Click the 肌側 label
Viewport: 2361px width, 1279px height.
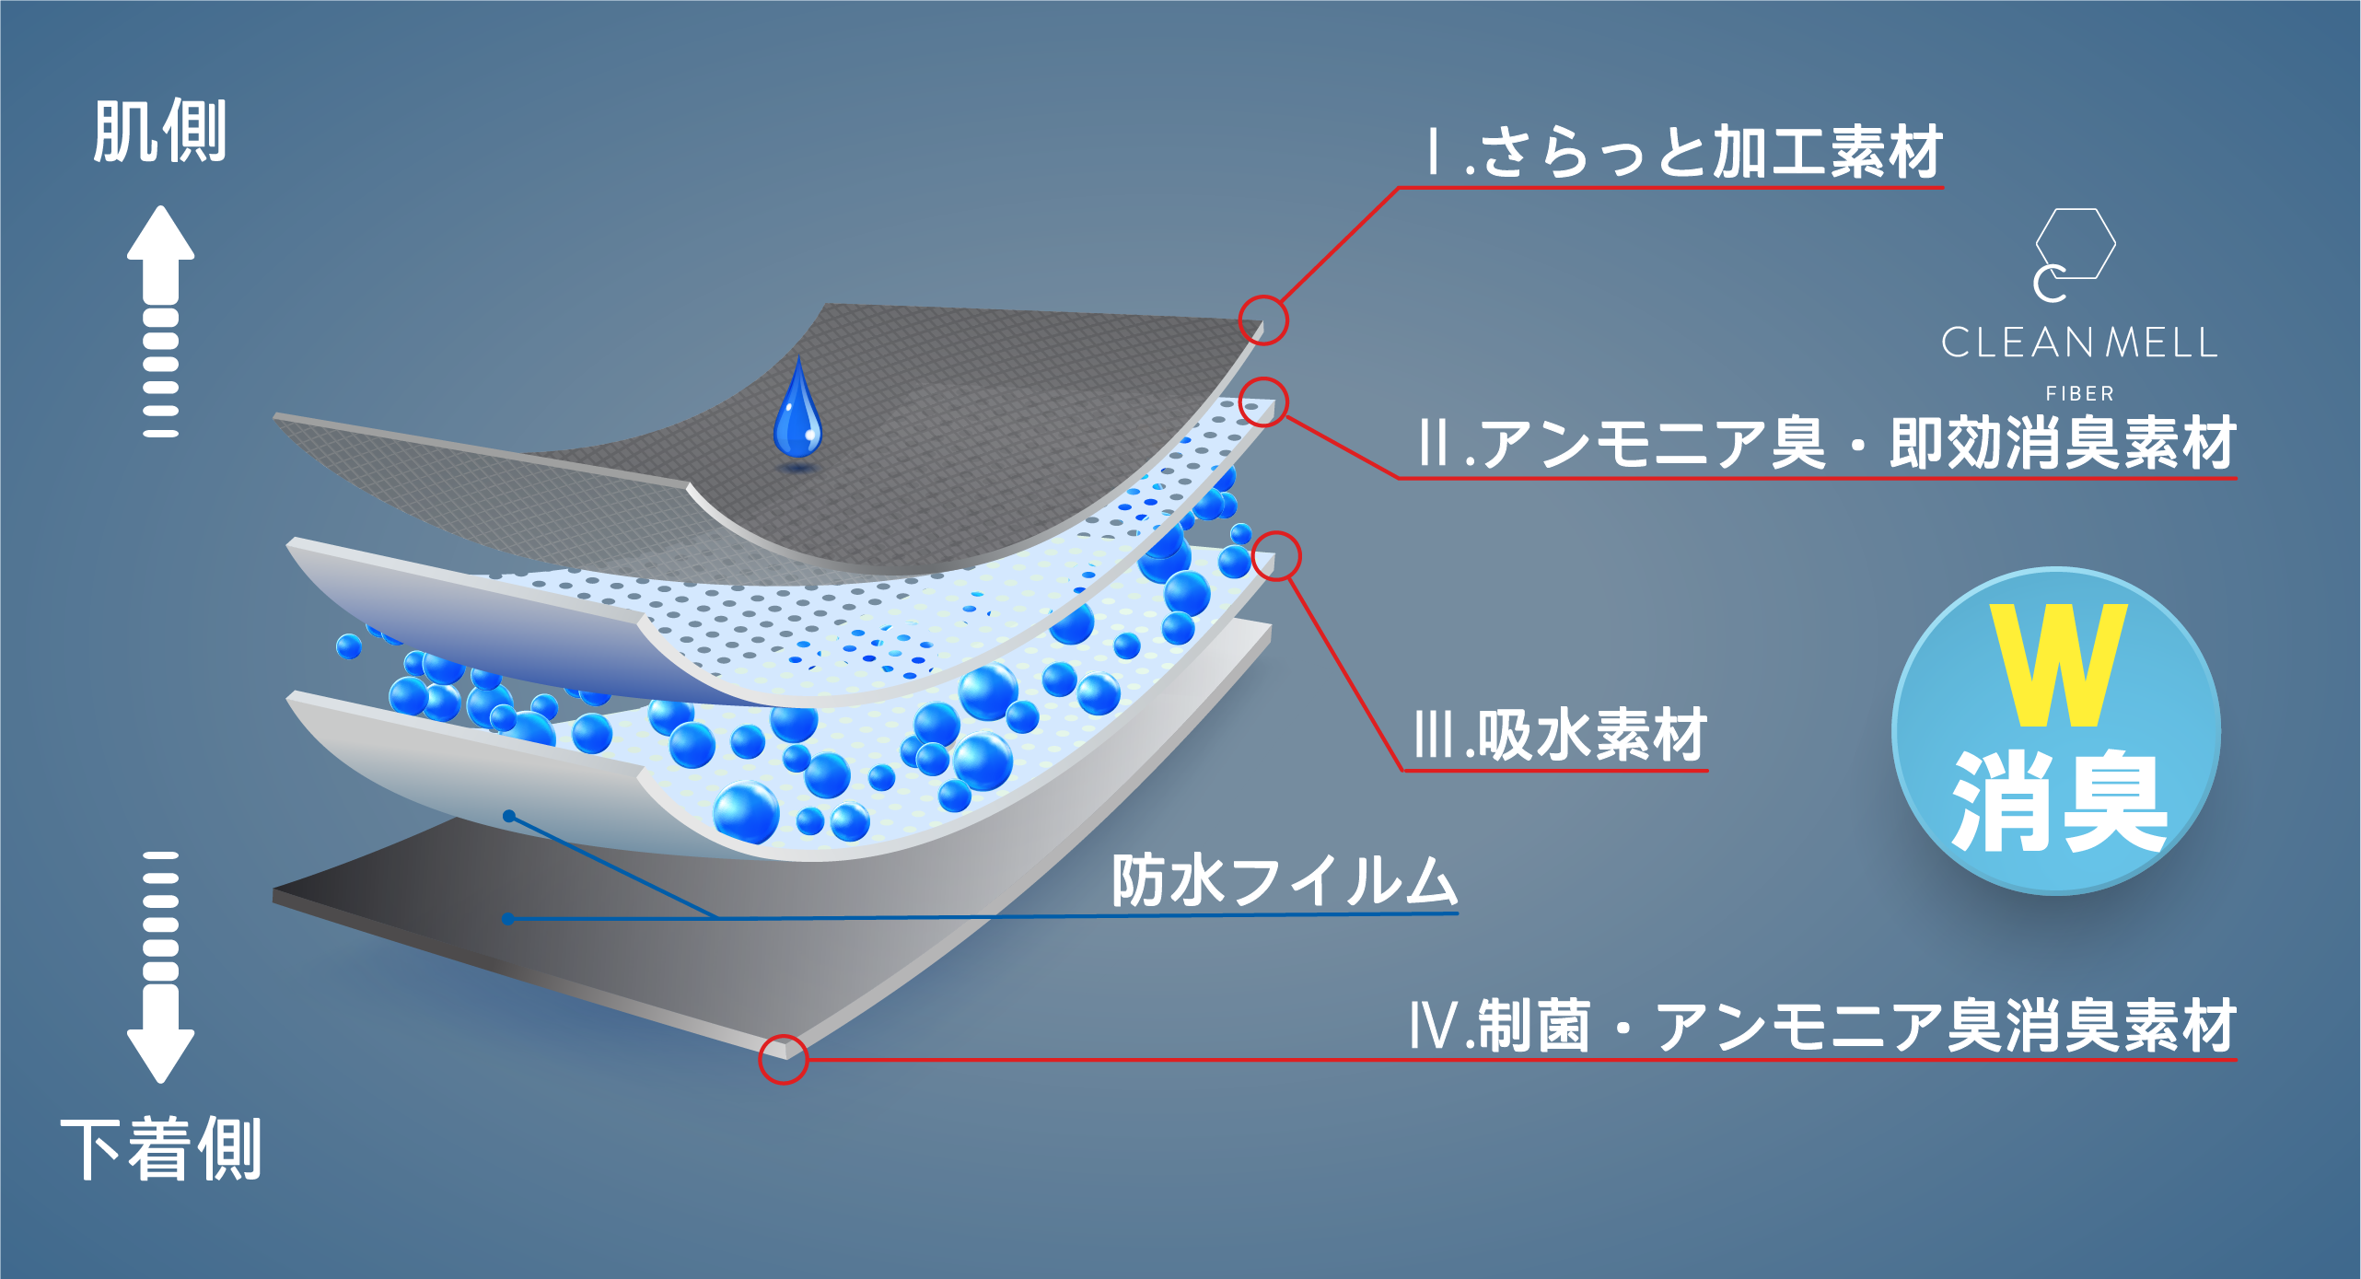[160, 133]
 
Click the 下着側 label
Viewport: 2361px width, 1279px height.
[162, 1148]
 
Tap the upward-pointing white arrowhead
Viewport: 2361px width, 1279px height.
[160, 235]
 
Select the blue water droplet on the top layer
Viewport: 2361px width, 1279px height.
[797, 414]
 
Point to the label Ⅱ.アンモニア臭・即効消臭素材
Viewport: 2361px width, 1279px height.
[1827, 444]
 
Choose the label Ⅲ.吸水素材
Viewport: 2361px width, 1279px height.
[1560, 736]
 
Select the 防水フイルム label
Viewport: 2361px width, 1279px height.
[1284, 881]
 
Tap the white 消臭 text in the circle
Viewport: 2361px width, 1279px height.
[2059, 801]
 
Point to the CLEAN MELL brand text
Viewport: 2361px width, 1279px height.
[2079, 343]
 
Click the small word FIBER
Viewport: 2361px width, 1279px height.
[2079, 394]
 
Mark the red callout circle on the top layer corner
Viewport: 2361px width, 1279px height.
[1263, 320]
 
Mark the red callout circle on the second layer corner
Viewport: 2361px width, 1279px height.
[1263, 402]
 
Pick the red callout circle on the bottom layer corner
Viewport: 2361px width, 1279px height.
[783, 1059]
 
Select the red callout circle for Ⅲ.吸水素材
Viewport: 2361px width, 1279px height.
[1276, 556]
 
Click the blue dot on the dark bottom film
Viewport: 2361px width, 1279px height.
[508, 918]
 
